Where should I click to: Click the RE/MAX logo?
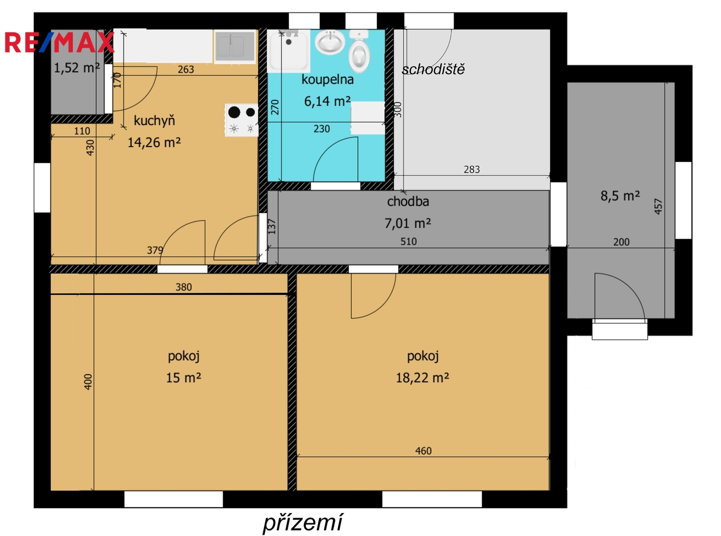pos(59,42)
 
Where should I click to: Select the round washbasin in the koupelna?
pos(329,42)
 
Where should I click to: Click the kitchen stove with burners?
pos(242,120)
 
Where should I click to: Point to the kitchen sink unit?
pos(234,46)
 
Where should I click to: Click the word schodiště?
pos(433,69)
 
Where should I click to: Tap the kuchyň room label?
pos(154,121)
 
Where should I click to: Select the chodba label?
pos(408,201)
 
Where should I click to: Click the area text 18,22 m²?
pos(423,378)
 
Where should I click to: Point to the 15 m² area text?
pos(183,378)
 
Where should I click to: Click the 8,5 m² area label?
pos(620,196)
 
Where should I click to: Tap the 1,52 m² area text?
pos(77,68)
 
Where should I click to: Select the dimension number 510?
pos(408,241)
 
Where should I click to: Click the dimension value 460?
pos(423,451)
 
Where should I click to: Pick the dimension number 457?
pos(658,206)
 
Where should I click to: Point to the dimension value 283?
pos(472,169)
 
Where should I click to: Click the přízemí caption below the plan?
pos(302,522)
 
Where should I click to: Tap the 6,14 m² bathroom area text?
pos(327,101)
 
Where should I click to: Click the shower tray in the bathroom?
pos(288,51)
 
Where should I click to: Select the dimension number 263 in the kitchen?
pos(186,69)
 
